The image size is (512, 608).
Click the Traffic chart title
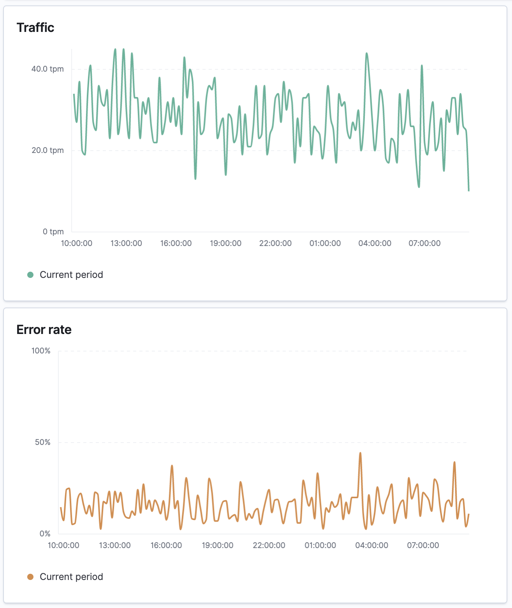[35, 28]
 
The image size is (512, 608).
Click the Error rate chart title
[44, 330]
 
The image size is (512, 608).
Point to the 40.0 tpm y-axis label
[47, 69]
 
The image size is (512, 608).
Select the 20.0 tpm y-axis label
[47, 150]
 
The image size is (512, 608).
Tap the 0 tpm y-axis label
[53, 232]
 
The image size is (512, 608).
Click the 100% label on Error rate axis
[41, 351]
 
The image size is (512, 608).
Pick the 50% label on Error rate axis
[42, 442]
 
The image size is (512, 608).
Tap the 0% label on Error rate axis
[45, 534]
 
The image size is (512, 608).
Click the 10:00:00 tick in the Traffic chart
[77, 243]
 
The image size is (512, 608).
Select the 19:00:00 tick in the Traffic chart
[226, 243]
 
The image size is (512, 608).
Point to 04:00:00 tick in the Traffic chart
[375, 243]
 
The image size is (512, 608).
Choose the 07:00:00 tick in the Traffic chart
[424, 243]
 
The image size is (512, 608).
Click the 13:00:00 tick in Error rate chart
[115, 545]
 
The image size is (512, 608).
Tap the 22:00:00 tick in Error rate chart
[269, 545]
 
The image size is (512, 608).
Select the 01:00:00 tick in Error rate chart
[320, 545]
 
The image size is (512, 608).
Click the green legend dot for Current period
[30, 275]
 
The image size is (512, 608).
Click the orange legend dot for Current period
[30, 577]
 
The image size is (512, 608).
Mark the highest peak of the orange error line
[360, 453]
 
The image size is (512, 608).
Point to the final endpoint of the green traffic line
[469, 191]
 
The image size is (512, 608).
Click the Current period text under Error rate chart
[71, 577]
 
